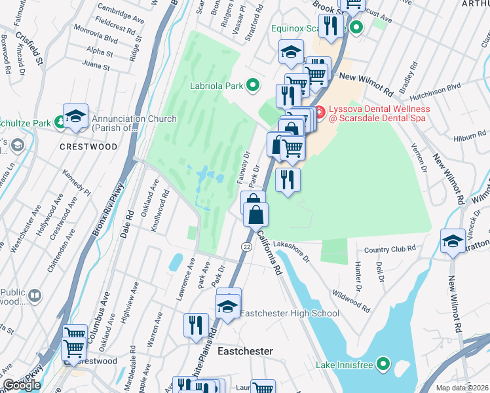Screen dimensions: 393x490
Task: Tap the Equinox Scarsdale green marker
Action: pos(357,28)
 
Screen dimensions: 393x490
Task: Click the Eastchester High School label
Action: pos(289,314)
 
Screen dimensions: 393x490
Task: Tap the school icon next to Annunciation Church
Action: pos(75,117)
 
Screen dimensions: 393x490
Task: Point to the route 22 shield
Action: pos(246,246)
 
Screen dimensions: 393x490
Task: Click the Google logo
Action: pos(22,385)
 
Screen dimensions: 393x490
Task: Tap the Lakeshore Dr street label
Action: pos(292,250)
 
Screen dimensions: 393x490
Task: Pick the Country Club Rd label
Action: pos(390,249)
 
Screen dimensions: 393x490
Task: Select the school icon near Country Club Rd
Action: pos(453,242)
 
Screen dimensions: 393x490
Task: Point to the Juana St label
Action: pos(96,65)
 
